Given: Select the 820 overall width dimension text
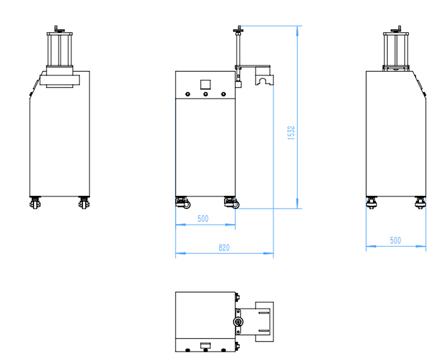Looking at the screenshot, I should tap(224, 248).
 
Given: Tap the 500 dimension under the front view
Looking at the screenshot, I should tap(203, 218).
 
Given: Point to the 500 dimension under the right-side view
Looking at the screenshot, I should tap(395, 240).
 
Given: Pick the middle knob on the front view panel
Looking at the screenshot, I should tap(205, 94).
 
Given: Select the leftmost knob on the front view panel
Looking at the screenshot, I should tap(188, 94).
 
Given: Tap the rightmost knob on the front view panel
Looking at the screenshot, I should tap(223, 94).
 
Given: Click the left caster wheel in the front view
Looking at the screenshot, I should tap(182, 202).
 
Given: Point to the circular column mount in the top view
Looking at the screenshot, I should tap(239, 321).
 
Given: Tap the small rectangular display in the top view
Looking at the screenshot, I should tap(205, 345).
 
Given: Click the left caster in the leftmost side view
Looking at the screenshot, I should tap(35, 203).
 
